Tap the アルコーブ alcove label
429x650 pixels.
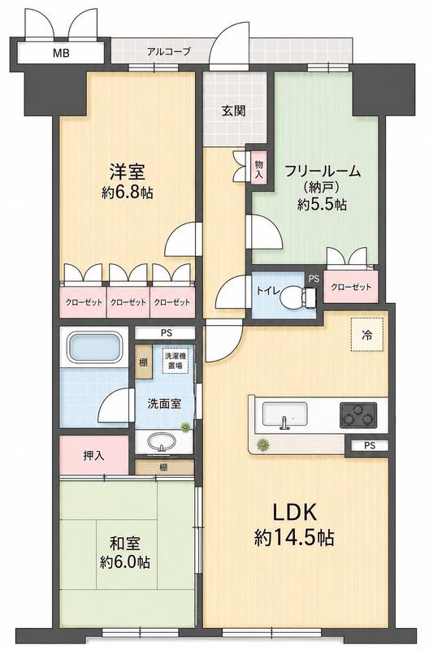pos(169,52)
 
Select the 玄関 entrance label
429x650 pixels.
pos(234,110)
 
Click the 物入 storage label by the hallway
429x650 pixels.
pos(259,169)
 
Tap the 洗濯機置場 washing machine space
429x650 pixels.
pos(175,361)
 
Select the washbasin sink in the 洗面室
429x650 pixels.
pos(162,442)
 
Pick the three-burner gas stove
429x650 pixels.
pos(358,415)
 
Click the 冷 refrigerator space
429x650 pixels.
pos(366,335)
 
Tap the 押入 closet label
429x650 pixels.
pos(93,456)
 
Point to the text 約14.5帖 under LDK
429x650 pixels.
pos(294,538)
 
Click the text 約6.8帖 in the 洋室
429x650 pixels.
pos(128,193)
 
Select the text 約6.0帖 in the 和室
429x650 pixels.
pos(125,562)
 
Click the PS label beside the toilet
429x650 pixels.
pos(314,279)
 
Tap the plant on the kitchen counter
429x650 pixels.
pos(262,444)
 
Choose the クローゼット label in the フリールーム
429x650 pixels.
pos(351,287)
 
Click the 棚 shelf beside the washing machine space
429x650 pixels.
pos(143,362)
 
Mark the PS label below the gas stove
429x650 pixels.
pos(370,445)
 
